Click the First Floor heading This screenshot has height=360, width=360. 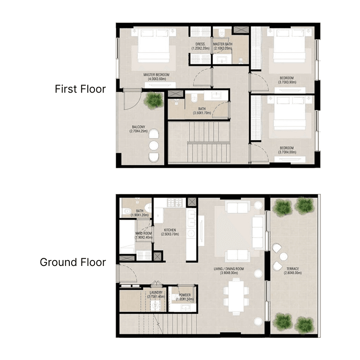point(80,89)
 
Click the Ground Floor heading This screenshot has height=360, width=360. point(73,262)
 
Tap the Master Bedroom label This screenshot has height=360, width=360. point(156,76)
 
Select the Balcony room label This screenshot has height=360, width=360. point(138,129)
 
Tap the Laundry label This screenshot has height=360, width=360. point(156,295)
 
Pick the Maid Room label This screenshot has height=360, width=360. point(144,235)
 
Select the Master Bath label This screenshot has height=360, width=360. point(223,46)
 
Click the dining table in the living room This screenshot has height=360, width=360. point(234,295)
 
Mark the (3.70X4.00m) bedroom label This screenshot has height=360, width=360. point(287,150)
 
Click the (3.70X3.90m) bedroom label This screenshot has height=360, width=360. point(287,80)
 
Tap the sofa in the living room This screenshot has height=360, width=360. point(258,232)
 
